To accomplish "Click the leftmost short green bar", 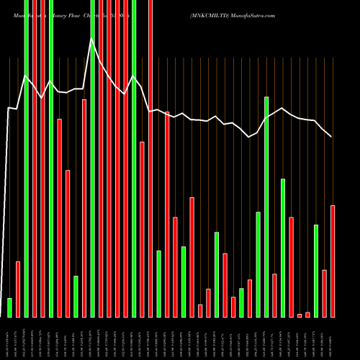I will point(9,307).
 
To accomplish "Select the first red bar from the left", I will point(18,289).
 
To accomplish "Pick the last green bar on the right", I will point(316,271).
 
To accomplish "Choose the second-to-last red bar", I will point(325,293).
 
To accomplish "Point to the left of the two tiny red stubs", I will point(300,315).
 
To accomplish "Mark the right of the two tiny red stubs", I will point(307,315).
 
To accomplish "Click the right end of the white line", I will point(332,137).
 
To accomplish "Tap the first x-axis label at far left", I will point(9,338).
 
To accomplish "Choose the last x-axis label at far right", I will point(333,338).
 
